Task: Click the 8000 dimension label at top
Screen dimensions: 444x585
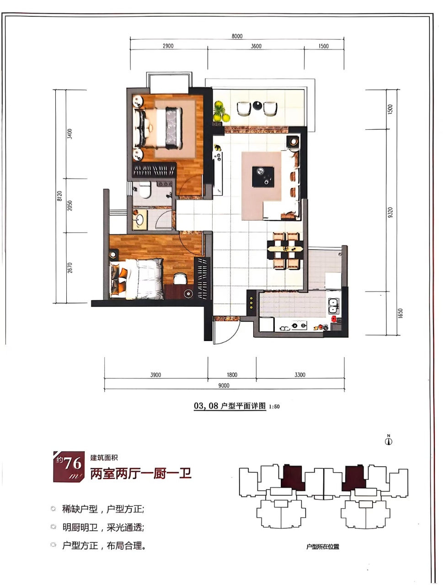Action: [x=237, y=36]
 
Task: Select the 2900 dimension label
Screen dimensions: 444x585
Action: [x=168, y=46]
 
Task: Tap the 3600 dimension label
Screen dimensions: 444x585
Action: [x=256, y=46]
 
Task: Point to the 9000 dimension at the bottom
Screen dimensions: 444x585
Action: [x=224, y=385]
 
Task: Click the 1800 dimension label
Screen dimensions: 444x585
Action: [x=232, y=375]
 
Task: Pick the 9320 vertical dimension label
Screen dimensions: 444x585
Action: [x=390, y=213]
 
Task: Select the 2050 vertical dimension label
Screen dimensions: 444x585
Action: [x=70, y=206]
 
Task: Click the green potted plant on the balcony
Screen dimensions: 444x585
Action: [x=221, y=111]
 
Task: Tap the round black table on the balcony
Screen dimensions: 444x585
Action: [x=257, y=106]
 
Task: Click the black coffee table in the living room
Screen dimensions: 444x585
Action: [x=263, y=177]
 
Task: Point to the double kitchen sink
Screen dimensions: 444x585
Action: [x=333, y=306]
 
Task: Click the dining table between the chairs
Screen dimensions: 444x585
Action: [x=285, y=249]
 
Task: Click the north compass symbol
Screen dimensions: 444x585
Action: [x=389, y=441]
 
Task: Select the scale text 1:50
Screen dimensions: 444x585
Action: [x=274, y=407]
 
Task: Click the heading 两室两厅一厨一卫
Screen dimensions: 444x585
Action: [x=141, y=473]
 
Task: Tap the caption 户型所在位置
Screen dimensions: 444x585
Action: [x=323, y=547]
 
